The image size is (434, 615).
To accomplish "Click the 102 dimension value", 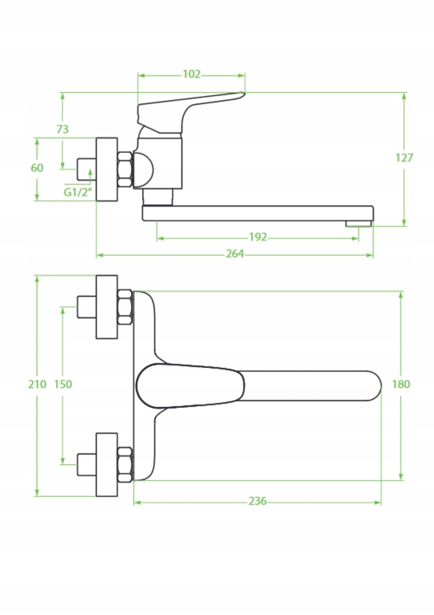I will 191,74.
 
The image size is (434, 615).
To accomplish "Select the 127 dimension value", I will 404,158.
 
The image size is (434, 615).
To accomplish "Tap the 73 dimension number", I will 63,129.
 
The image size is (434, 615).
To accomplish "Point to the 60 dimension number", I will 37,168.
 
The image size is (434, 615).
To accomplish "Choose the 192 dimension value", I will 258,237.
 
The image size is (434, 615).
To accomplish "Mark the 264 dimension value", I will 235,254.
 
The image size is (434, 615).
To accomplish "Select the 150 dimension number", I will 63,384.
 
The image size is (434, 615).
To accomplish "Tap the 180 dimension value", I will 401,384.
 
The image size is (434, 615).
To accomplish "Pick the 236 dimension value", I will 257,501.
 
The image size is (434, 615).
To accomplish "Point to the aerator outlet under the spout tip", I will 359,223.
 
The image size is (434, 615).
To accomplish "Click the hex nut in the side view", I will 125,169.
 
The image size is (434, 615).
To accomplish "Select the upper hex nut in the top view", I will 125,307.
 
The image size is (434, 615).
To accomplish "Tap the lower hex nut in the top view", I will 125,464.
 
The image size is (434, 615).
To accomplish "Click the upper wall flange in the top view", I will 107,307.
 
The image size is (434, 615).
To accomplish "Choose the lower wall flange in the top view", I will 107,464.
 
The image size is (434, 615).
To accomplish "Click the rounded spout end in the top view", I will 372,385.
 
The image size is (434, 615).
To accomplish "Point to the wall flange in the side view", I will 107,169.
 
